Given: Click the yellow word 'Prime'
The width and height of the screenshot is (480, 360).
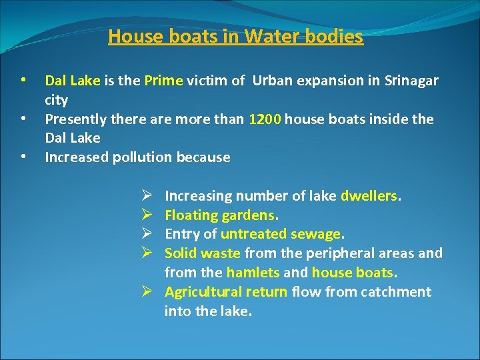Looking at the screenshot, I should (x=163, y=81).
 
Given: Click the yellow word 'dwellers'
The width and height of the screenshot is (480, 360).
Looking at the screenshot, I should (x=369, y=196).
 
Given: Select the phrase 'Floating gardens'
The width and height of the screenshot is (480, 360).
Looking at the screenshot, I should (x=219, y=215).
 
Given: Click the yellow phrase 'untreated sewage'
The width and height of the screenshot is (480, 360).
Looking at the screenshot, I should (x=280, y=234).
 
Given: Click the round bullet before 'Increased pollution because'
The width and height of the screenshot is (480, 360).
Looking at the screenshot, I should (x=24, y=158).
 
